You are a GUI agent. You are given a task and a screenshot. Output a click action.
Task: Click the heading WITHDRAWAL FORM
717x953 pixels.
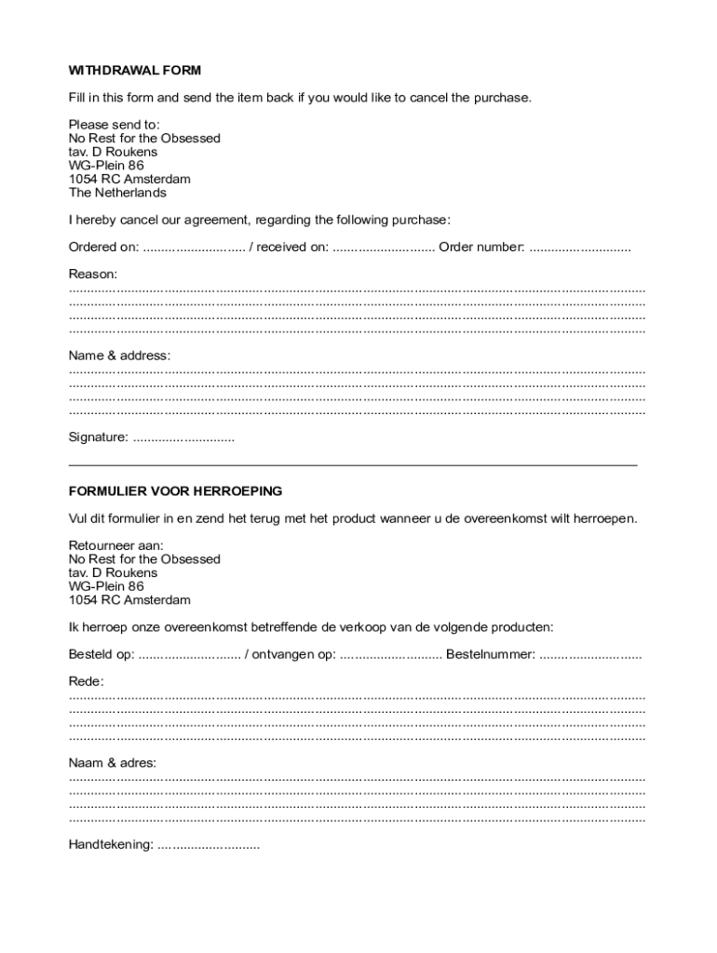tap(134, 71)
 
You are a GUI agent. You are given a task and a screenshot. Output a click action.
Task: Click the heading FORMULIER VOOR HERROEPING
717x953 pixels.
tap(175, 491)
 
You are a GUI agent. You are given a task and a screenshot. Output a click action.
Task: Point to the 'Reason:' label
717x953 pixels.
tap(93, 275)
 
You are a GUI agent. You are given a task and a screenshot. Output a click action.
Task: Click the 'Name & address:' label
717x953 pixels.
tap(119, 356)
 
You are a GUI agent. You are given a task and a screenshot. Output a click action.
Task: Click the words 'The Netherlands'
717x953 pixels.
tap(117, 193)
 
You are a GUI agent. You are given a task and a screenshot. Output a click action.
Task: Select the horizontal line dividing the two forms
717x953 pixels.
tap(354, 463)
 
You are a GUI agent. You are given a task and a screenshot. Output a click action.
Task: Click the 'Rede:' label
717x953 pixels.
tap(87, 681)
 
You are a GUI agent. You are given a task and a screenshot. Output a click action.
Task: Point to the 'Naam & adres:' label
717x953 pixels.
tap(113, 763)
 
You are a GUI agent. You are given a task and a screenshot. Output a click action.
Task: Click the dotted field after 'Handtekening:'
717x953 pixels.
tap(209, 846)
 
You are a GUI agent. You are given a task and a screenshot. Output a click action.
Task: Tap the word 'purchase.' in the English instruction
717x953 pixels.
tap(504, 98)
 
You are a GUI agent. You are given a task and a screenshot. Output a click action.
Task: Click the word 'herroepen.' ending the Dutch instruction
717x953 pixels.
tap(605, 518)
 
